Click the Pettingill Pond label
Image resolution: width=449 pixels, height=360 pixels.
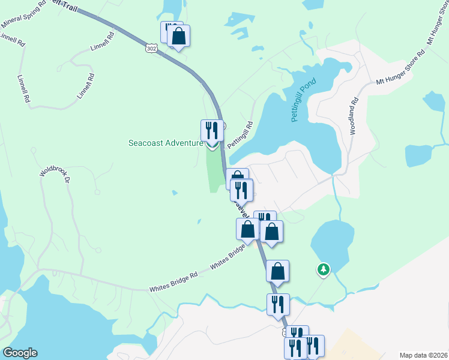pyautogui.click(x=303, y=100)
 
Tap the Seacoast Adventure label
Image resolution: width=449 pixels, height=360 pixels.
pyautogui.click(x=166, y=143)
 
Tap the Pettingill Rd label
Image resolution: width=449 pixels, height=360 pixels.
pyautogui.click(x=241, y=136)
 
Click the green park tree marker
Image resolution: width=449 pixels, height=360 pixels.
pyautogui.click(x=324, y=269)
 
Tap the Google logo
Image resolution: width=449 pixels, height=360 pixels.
pyautogui.click(x=20, y=353)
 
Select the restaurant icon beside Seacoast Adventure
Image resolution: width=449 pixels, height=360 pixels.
pyautogui.click(x=211, y=130)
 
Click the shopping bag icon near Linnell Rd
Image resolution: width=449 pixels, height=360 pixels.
pyautogui.click(x=178, y=36)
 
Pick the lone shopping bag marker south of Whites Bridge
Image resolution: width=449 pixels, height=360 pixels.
pyautogui.click(x=277, y=271)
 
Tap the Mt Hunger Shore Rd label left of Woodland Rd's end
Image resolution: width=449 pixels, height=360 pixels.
pyautogui.click(x=400, y=67)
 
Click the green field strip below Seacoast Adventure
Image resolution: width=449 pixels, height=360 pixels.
pyautogui.click(x=213, y=169)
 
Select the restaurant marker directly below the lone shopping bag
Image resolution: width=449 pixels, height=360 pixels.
pyautogui.click(x=278, y=304)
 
